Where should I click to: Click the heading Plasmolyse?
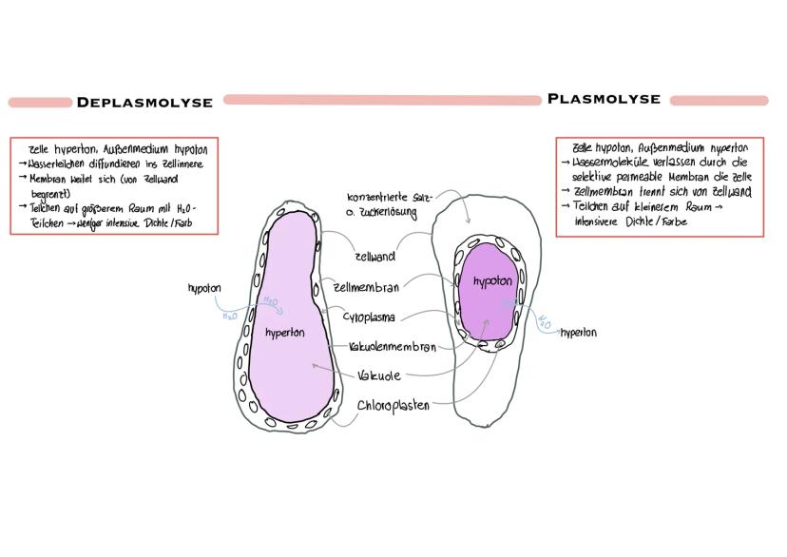[604, 99]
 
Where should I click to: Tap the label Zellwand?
[374, 257]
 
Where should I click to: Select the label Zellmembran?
[366, 287]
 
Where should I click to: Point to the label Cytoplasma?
[369, 317]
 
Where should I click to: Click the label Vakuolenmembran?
[392, 348]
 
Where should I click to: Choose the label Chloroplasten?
[393, 406]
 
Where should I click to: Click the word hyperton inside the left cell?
[285, 334]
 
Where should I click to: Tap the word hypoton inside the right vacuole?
[492, 281]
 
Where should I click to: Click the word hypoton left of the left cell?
[205, 286]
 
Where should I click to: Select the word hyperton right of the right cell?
[579, 333]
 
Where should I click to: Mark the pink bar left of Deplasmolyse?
[39, 103]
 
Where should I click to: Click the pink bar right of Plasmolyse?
[718, 100]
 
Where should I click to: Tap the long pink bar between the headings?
[382, 99]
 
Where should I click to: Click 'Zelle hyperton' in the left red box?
[60, 149]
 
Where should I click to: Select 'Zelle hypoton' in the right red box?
[605, 148]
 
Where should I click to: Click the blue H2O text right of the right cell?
[545, 323]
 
